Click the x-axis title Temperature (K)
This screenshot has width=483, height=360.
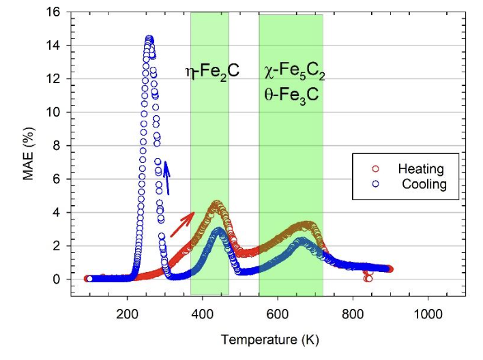click(270, 339)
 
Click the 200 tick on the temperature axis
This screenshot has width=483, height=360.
click(127, 315)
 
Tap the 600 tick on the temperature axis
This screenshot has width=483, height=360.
click(278, 315)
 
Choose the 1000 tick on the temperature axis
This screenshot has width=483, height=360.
click(427, 315)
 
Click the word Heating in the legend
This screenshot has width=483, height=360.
click(421, 169)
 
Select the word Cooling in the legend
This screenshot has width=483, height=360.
click(424, 184)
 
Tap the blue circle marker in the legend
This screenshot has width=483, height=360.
click(375, 184)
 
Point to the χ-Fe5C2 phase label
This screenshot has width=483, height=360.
click(292, 70)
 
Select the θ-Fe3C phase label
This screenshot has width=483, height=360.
click(291, 95)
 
